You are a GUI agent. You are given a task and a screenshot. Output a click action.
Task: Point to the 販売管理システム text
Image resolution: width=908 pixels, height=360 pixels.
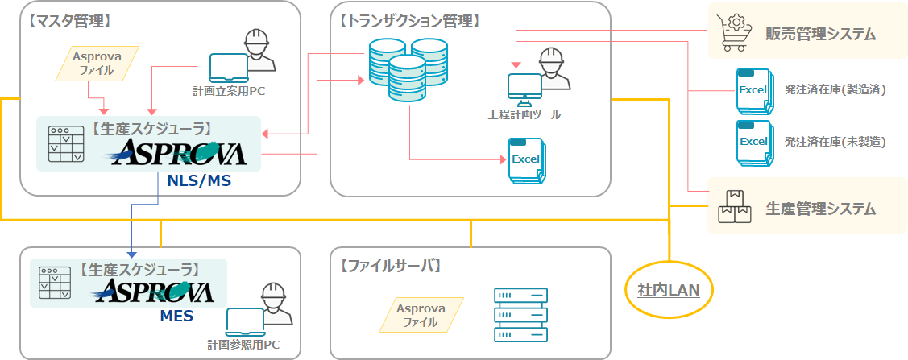(x=820, y=34)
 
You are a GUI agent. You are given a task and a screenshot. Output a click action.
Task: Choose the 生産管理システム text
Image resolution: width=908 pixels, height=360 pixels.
(x=820, y=209)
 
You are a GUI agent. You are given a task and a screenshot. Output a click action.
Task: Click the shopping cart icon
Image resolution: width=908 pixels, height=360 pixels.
(x=732, y=33)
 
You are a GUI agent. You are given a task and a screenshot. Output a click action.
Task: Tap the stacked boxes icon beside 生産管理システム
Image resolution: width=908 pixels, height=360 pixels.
(x=732, y=208)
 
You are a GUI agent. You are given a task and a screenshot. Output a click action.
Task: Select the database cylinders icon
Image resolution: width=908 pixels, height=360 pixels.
(x=397, y=68)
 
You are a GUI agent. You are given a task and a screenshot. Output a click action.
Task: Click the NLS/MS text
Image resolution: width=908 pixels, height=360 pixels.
(x=199, y=180)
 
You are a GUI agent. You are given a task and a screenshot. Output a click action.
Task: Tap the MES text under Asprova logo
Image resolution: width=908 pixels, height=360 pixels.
(x=176, y=316)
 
